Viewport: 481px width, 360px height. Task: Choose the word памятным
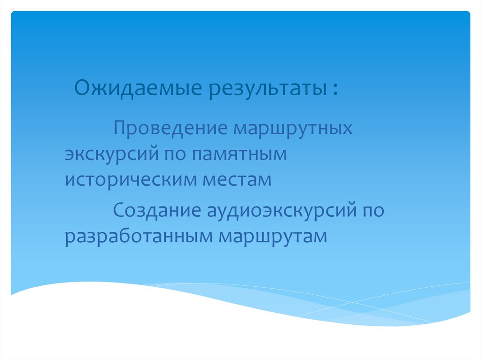point(239,154)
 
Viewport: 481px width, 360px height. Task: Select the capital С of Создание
point(117,210)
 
